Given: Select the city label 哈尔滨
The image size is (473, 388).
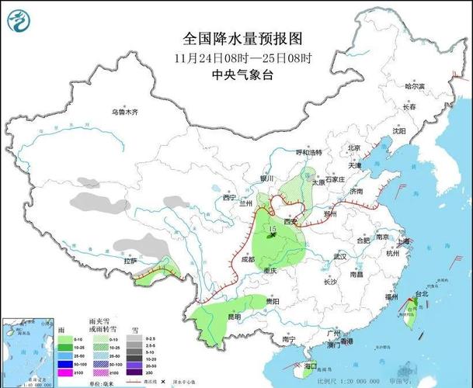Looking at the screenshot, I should [x=416, y=86].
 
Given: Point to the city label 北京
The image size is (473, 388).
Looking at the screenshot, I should [x=354, y=147].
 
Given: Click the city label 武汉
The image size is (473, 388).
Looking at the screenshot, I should [x=339, y=256].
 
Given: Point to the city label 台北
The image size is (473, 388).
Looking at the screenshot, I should [x=422, y=294].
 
